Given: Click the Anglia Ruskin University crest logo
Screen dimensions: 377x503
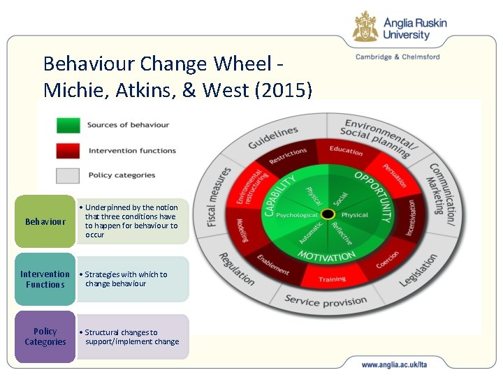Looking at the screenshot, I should pyautogui.click(x=365, y=27).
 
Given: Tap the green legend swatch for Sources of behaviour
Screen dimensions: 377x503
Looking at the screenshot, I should pyautogui.click(x=68, y=126).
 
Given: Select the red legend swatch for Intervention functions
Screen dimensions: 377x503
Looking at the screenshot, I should pyautogui.click(x=68, y=150).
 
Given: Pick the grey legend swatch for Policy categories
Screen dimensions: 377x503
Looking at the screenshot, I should pyautogui.click(x=68, y=175).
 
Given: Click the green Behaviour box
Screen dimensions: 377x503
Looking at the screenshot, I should pyautogui.click(x=45, y=222).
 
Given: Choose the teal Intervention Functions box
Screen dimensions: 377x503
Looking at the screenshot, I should pyautogui.click(x=45, y=279).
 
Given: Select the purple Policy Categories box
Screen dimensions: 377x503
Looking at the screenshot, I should pyautogui.click(x=45, y=337).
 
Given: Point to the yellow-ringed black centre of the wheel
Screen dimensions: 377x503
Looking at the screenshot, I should pyautogui.click(x=328, y=214).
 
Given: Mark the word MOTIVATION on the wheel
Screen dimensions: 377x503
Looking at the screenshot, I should pyautogui.click(x=328, y=257).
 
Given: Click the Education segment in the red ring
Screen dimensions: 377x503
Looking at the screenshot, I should pyautogui.click(x=347, y=151).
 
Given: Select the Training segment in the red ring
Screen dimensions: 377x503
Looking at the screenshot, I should pyautogui.click(x=333, y=279).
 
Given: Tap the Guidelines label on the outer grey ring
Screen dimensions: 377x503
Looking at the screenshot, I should pyautogui.click(x=274, y=138).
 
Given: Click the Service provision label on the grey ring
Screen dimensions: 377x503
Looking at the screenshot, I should pyautogui.click(x=326, y=301).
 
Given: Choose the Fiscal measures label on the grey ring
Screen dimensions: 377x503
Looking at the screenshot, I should pyautogui.click(x=218, y=196).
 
